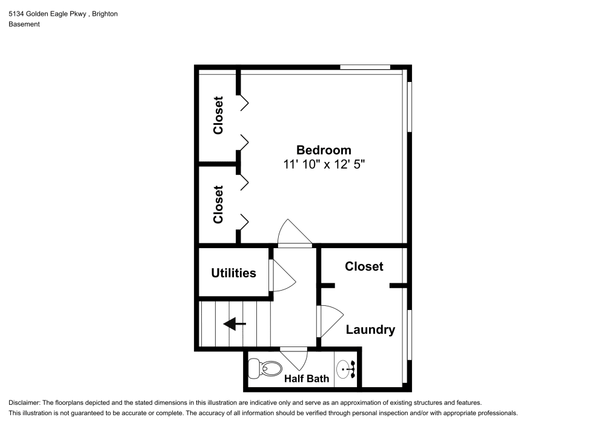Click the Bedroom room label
323,150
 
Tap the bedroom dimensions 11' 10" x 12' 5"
323,164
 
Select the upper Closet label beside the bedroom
218,115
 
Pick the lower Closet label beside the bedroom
218,204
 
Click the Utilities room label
233,273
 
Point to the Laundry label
370,329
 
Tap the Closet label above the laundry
364,266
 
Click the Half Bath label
307,379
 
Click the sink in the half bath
347,368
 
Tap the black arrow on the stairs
235,325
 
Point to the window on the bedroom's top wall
365,67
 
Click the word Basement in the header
24,24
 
